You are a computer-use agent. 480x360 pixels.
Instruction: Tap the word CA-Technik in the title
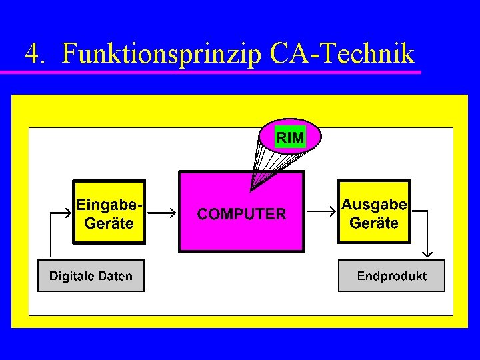pyautogui.click(x=343, y=53)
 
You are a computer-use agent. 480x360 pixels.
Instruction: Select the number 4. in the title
pyautogui.click(x=35, y=54)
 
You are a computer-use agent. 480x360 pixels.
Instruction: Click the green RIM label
pyautogui.click(x=290, y=138)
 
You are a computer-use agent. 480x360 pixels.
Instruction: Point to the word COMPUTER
pyautogui.click(x=242, y=214)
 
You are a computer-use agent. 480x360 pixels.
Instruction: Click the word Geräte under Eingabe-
pyautogui.click(x=109, y=223)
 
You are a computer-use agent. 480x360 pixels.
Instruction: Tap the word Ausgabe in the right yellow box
pyautogui.click(x=374, y=204)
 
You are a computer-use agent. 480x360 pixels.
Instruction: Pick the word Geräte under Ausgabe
pyautogui.click(x=374, y=223)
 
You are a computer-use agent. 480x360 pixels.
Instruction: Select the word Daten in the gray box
pyautogui.click(x=115, y=276)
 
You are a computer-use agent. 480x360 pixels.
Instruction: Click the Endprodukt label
pyautogui.click(x=392, y=276)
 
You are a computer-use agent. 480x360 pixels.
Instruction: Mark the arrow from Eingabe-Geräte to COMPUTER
pyautogui.click(x=162, y=213)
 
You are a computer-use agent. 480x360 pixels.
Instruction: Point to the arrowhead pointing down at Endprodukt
pyautogui.click(x=428, y=253)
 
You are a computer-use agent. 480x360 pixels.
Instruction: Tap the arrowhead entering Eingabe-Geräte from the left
pyautogui.click(x=67, y=213)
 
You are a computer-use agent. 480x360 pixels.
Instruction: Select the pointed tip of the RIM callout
pyautogui.click(x=251, y=191)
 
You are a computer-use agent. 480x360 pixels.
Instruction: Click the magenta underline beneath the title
pyautogui.click(x=220, y=71)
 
